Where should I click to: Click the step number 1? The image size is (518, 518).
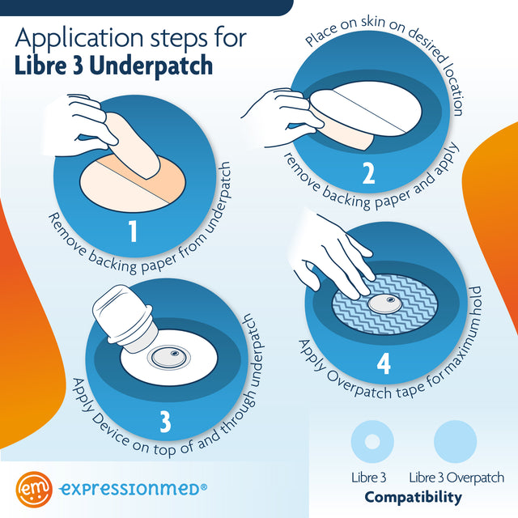pyautogui.click(x=134, y=231)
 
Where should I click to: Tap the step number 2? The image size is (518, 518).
pyautogui.click(x=367, y=174)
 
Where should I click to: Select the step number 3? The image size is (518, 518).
pyautogui.click(x=165, y=420)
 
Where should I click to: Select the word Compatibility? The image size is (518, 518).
pyautogui.click(x=413, y=496)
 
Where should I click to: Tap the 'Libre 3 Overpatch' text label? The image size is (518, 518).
pyautogui.click(x=456, y=477)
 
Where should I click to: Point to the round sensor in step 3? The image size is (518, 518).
pyautogui.click(x=170, y=356)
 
